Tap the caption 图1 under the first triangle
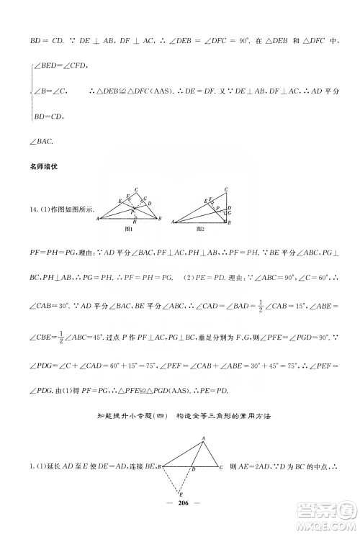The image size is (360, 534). pyautogui.click(x=130, y=227)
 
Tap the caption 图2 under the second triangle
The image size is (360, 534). pyautogui.click(x=201, y=227)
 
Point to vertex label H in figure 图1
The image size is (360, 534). pyautogui.click(x=135, y=220)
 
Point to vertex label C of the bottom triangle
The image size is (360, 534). pyautogui.click(x=222, y=469)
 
